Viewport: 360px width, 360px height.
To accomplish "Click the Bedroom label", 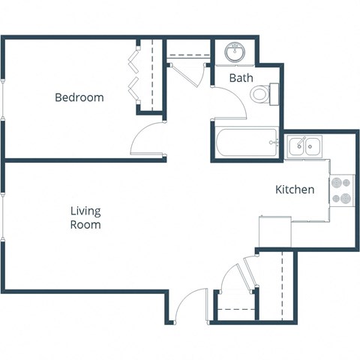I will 79,97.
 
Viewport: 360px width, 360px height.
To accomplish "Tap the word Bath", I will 241,78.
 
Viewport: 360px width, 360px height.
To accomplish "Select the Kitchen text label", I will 294,190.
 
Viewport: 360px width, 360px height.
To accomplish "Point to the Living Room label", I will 85,218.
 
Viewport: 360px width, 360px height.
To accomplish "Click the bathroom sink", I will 236,52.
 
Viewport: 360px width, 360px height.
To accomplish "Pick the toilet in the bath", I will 260,94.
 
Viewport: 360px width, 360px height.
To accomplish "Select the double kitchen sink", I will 305,145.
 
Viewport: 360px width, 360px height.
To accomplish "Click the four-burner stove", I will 342,190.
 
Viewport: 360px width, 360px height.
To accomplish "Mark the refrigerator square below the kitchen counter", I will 274,231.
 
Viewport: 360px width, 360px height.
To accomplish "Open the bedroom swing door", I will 147,139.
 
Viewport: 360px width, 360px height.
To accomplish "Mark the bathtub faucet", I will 275,141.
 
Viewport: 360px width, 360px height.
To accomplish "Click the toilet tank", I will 274,94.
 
